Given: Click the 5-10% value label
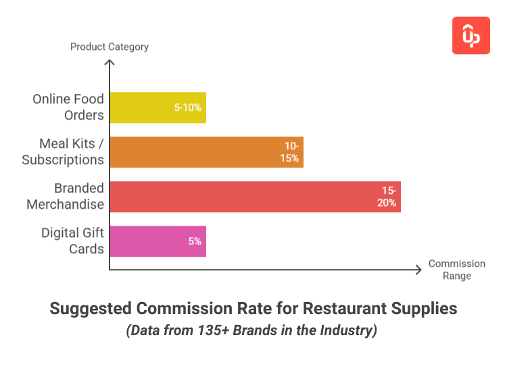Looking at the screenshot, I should coord(188,107).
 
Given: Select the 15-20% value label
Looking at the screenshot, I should coord(387,197).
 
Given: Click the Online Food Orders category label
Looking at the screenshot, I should coord(68,107).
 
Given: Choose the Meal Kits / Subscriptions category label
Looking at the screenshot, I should coord(63,152).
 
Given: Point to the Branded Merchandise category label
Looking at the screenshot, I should coord(66,197).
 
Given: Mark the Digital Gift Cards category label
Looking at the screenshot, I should coord(72,241).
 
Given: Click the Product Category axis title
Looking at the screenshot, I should coord(110,47).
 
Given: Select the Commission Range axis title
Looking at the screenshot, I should coord(457,270).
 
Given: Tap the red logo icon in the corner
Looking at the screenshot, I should coord(470,36).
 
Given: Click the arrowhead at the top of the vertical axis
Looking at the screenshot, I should coord(110,62).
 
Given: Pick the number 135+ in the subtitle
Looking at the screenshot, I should coord(200,332).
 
